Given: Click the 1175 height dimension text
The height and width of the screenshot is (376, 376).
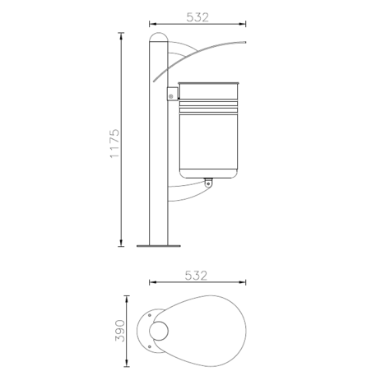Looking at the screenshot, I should (x=114, y=142).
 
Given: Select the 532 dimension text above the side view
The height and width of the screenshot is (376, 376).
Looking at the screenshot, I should (x=197, y=16).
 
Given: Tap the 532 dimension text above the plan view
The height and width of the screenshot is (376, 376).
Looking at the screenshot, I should (x=197, y=275).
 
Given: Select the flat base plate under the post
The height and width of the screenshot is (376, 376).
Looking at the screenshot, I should (x=158, y=244).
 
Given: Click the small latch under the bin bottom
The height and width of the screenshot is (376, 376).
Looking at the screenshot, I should (x=208, y=183).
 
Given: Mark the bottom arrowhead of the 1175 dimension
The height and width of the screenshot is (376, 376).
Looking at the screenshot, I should (x=123, y=243).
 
